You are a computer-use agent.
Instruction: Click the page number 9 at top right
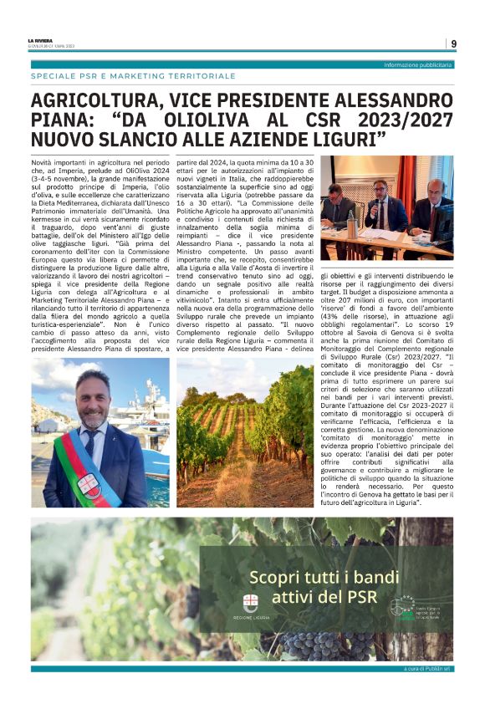pos(452,43)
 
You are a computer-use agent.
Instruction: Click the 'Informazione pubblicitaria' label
pos(417,64)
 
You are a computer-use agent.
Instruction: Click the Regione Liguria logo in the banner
pos(250,604)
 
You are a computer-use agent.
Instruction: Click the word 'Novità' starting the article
pos(43,158)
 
